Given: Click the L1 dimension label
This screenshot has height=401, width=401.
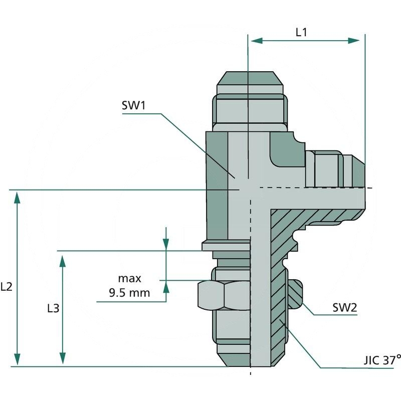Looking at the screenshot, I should tap(301, 32).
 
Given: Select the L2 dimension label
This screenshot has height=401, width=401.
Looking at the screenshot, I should tap(7, 287).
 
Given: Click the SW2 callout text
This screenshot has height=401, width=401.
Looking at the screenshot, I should tap(344, 307).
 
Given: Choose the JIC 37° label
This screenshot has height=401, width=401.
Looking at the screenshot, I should tap(382, 360).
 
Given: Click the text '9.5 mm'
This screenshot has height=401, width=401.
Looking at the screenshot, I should tap(129, 293).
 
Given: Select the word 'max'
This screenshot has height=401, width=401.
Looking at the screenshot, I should tap(129, 279).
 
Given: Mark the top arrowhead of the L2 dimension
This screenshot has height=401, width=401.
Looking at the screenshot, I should tap(18, 196).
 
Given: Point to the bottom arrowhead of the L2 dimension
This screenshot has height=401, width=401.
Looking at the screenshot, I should tap(18, 360).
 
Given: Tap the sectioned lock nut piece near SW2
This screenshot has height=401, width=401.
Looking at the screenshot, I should tap(295, 293).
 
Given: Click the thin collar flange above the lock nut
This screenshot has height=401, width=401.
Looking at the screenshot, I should tap(226, 246).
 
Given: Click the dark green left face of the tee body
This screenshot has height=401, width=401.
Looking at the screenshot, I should tap(217, 180).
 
